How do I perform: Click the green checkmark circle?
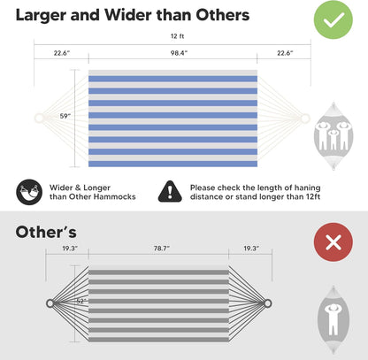click(x=333, y=19)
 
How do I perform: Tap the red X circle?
click(x=333, y=242)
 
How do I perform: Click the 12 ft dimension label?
click(x=177, y=36)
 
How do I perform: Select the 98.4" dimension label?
click(x=179, y=53)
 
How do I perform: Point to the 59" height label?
click(x=65, y=116)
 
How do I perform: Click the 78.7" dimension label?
click(x=162, y=249)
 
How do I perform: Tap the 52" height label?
click(x=81, y=302)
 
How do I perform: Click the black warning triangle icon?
click(x=170, y=191)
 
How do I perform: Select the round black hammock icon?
click(x=29, y=192)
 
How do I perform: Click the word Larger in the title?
click(x=41, y=15)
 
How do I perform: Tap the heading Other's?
click(x=46, y=232)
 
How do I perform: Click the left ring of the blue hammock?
click(x=39, y=118)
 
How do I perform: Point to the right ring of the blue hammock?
click(x=305, y=119)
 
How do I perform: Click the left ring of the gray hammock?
click(x=50, y=303)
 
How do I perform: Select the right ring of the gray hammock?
click(x=267, y=303)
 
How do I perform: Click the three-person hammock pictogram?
click(x=333, y=136)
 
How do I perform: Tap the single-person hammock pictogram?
click(x=333, y=320)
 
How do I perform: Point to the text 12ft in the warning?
click(x=312, y=196)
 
